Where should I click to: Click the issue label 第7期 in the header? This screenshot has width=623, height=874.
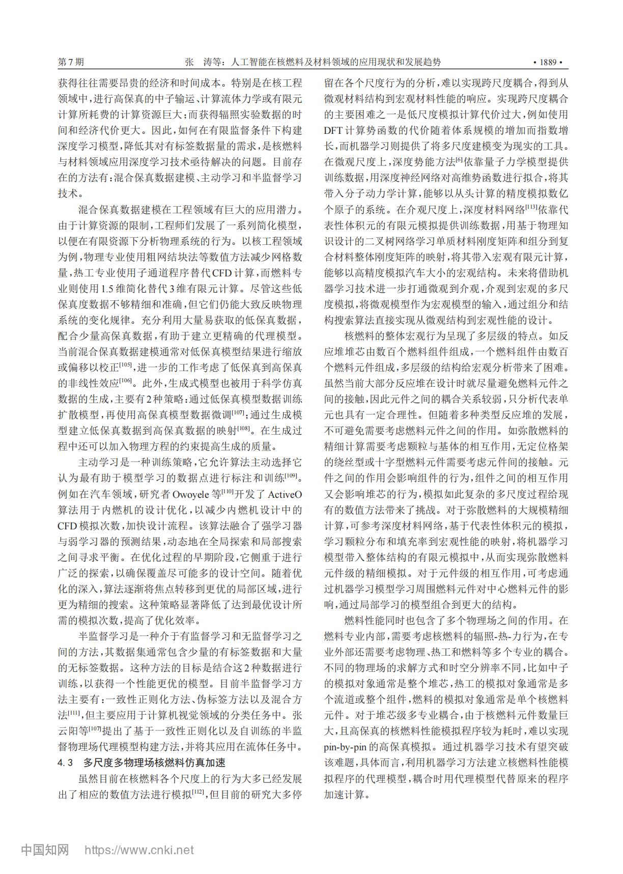(71, 62)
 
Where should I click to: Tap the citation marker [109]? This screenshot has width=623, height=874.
(291, 475)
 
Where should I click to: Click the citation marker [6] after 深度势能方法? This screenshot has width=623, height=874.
(459, 159)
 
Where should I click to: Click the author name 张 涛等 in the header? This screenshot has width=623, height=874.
(204, 62)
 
